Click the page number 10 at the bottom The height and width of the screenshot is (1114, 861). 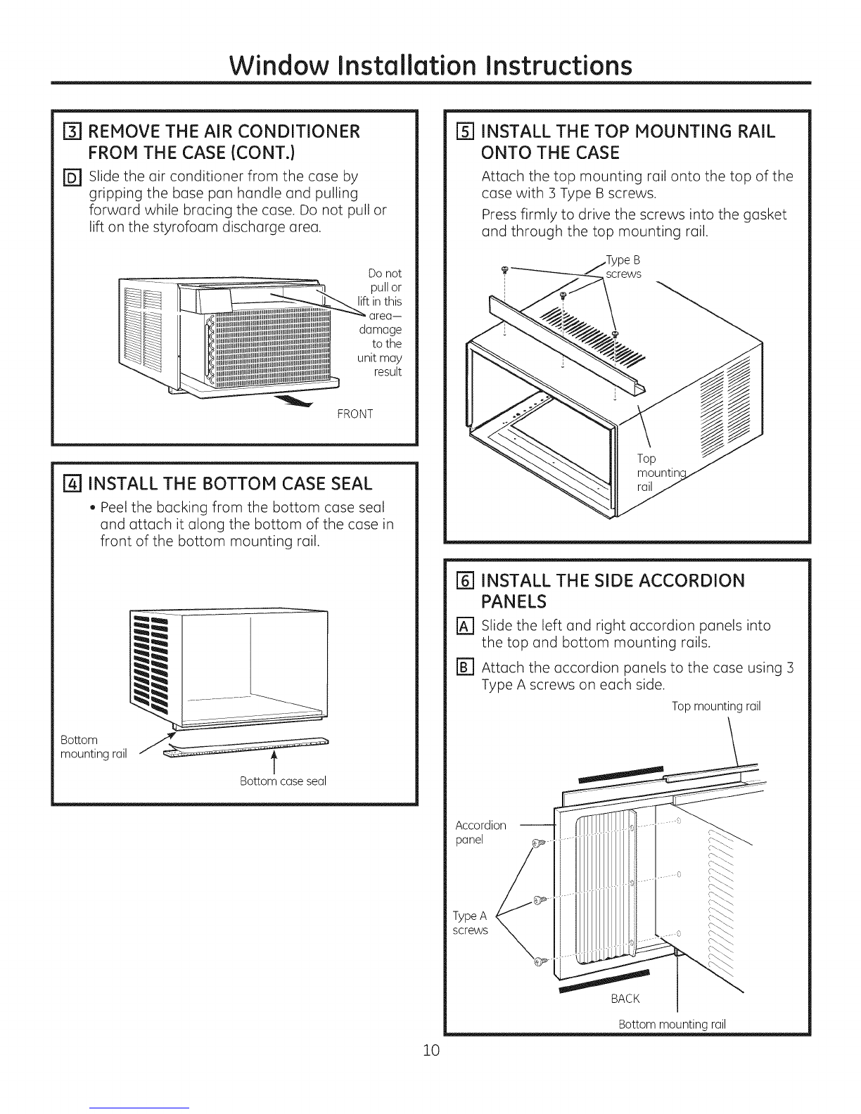pos(431,1051)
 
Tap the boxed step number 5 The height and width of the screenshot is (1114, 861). pos(464,132)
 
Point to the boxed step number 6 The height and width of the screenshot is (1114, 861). pos(464,581)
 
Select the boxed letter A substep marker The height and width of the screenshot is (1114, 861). pos(464,627)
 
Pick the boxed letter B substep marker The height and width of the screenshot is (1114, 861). pos(464,668)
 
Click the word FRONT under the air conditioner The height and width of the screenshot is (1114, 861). pos(355,414)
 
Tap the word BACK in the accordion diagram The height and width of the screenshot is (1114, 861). pos(625,999)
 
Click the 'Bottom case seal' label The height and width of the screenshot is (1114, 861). pos(283,781)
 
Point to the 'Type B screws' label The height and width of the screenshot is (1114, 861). pos(623,267)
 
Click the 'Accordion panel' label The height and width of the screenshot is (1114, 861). pos(480,833)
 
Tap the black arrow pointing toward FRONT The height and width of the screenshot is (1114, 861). pos(293,402)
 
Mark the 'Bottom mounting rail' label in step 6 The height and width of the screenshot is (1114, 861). pos(672,1025)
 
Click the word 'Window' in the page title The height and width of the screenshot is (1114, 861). pos(279,65)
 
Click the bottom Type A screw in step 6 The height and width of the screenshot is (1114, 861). pos(538,961)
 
